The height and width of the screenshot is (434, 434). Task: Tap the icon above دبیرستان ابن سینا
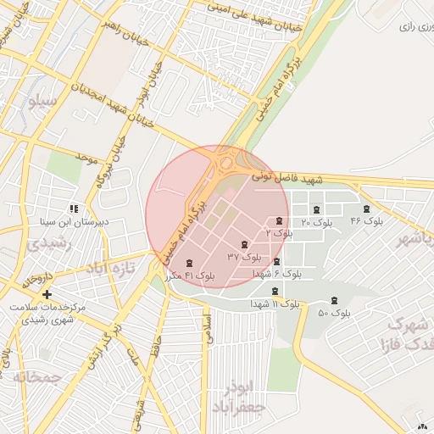(x=75, y=208)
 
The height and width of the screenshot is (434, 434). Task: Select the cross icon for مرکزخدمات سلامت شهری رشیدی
(x=47, y=293)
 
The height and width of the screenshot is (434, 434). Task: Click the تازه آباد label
(x=109, y=268)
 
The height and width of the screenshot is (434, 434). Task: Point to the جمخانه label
(x=32, y=376)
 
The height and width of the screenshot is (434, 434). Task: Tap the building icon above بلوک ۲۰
(x=316, y=209)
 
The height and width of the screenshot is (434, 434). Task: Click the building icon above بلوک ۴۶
(x=366, y=209)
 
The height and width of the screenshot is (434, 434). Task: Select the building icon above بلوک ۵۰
(x=334, y=300)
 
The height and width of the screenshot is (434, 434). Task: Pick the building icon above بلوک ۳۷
(x=245, y=243)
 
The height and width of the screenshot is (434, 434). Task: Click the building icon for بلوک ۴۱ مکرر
(x=188, y=262)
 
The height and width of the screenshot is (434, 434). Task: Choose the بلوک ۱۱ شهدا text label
(x=275, y=303)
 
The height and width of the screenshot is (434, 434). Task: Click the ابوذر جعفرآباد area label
(x=239, y=397)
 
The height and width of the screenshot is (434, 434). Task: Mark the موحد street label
(x=87, y=158)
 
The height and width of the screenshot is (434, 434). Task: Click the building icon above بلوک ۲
(x=279, y=220)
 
